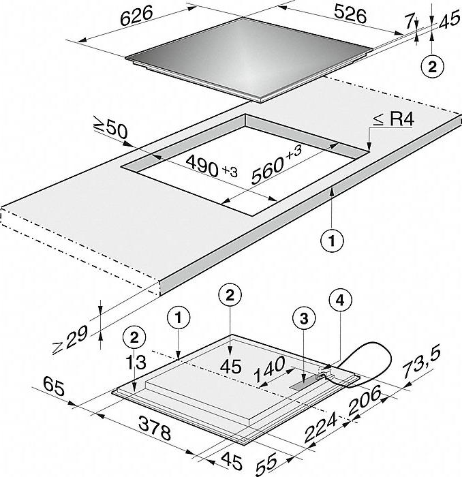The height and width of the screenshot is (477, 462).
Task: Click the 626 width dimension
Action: click(136, 16)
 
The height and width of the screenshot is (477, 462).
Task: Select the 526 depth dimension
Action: click(350, 14)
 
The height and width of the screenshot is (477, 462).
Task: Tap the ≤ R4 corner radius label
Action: click(394, 119)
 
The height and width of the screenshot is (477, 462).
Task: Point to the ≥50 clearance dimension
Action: click(110, 131)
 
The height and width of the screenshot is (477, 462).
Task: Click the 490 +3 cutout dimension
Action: click(212, 168)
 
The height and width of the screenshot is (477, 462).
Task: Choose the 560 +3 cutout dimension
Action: click(276, 165)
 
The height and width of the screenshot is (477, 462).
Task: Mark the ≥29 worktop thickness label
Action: click(70, 340)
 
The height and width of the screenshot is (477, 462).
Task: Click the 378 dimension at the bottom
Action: click(155, 428)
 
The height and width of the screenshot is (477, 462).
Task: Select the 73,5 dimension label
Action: click(422, 363)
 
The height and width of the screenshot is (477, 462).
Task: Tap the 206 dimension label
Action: click(364, 400)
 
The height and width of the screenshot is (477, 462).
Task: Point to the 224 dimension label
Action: click(321, 427)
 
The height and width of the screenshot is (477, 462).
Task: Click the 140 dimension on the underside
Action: click(269, 369)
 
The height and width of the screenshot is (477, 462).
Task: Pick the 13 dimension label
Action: click(136, 362)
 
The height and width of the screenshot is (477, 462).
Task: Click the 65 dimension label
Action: click(54, 386)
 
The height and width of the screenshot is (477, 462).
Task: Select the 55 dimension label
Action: click(266, 463)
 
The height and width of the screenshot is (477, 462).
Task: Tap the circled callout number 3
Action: click(304, 318)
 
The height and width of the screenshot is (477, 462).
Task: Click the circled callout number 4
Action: click(341, 301)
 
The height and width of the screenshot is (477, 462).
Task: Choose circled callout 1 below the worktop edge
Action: click(332, 241)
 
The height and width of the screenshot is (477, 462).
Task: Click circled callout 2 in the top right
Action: click(432, 67)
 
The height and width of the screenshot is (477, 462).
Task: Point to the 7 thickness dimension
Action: click(410, 22)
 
